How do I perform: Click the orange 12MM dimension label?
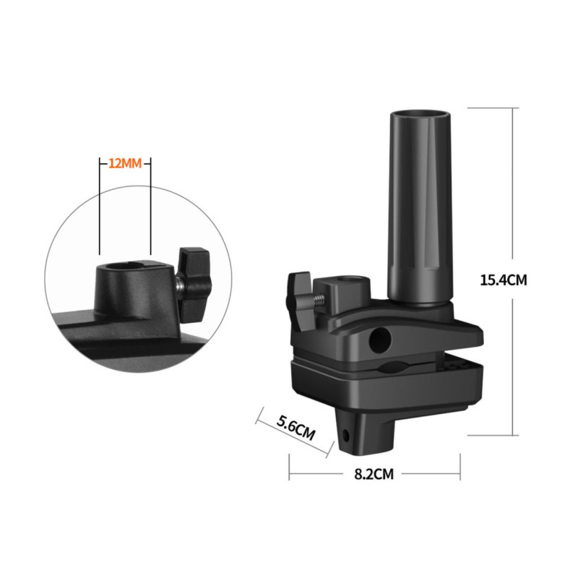[125, 163]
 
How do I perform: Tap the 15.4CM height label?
[504, 280]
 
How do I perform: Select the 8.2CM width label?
[374, 474]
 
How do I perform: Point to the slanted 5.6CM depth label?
[296, 428]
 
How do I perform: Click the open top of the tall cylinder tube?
[420, 114]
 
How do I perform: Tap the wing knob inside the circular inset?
[193, 272]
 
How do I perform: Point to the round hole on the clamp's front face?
[380, 339]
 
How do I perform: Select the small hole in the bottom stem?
[345, 436]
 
